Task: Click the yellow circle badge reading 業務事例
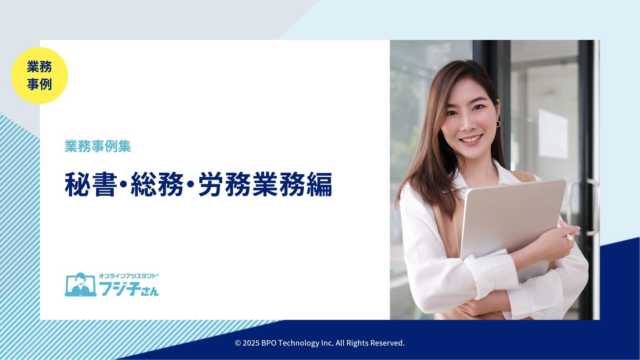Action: click(40, 76)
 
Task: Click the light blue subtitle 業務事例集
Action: click(98, 146)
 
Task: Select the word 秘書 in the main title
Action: click(91, 184)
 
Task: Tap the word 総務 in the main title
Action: click(157, 184)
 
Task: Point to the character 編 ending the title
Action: click(319, 184)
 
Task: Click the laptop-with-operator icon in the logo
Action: click(80, 284)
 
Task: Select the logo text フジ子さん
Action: click(129, 288)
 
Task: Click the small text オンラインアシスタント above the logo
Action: click(128, 276)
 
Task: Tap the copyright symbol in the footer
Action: click(238, 343)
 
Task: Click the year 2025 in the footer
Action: click(251, 343)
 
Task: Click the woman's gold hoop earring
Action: click(498, 124)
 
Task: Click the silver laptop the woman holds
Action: click(511, 226)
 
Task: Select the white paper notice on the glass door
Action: click(553, 134)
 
